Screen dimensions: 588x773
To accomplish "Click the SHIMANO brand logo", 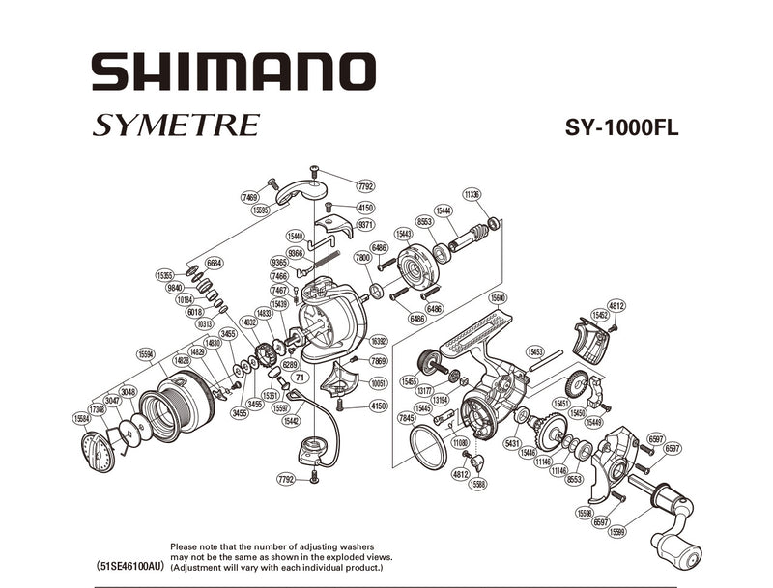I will (x=232, y=72).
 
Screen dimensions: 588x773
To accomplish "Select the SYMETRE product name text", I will (x=177, y=126).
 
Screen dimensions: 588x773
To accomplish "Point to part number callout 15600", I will (x=498, y=297).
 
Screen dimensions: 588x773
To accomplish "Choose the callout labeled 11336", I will (x=472, y=195).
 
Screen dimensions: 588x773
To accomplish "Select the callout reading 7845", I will (x=406, y=417).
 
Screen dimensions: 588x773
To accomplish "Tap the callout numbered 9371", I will (x=365, y=224).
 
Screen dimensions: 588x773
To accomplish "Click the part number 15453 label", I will (x=535, y=351).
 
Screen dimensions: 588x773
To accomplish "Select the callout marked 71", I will (x=300, y=378).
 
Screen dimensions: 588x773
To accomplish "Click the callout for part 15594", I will (x=147, y=352).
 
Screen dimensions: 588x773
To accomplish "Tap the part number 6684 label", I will (x=215, y=262).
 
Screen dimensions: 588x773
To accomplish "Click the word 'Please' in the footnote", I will (x=186, y=546).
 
